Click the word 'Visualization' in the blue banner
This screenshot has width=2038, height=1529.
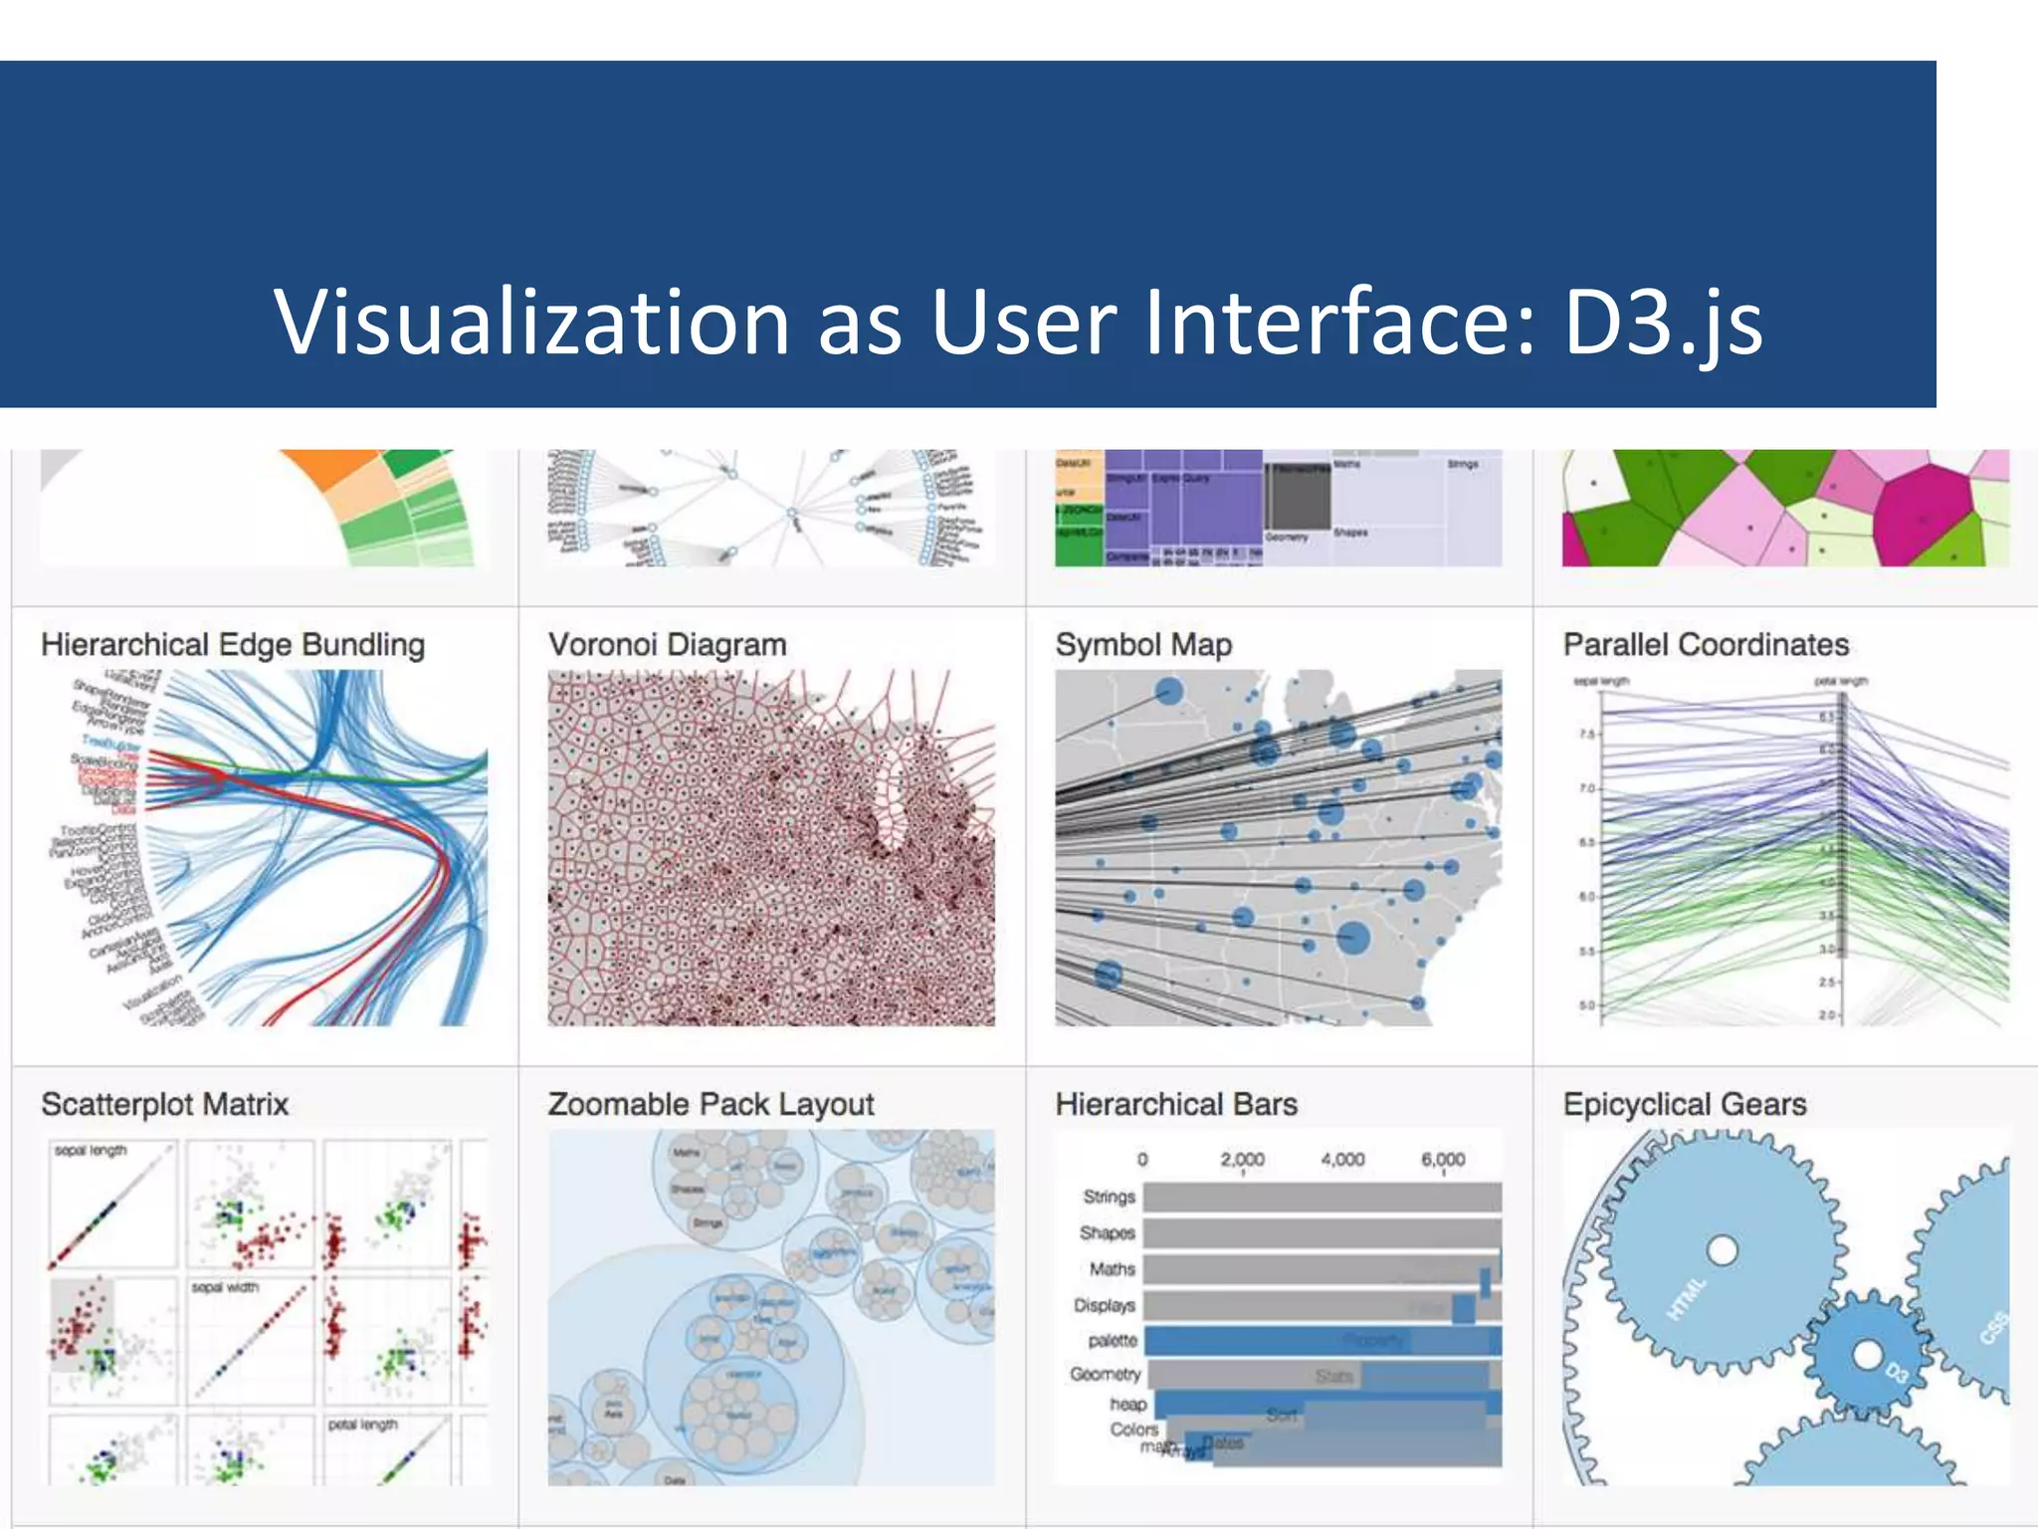[x=532, y=322]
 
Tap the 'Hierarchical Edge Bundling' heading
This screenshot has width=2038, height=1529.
[x=233, y=645]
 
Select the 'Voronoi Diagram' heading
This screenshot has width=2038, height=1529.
[x=667, y=645]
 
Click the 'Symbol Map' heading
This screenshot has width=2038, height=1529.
[x=1143, y=645]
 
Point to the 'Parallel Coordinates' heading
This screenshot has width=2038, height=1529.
[x=1706, y=645]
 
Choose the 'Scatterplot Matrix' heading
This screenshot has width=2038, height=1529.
[x=164, y=1104]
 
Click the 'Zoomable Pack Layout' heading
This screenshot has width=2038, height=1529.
[x=711, y=1104]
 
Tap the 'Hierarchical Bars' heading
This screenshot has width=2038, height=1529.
[x=1176, y=1104]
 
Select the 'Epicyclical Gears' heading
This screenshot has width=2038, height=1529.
[x=1685, y=1104]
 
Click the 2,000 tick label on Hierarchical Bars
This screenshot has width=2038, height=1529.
[x=1242, y=1160]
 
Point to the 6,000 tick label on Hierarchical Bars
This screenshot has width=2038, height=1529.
[x=1443, y=1160]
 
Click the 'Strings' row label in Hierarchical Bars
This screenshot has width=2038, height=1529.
[x=1110, y=1197]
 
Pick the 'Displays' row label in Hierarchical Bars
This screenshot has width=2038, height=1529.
[x=1105, y=1305]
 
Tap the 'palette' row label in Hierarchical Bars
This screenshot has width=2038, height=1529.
[x=1113, y=1341]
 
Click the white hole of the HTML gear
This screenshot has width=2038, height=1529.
[x=1722, y=1250]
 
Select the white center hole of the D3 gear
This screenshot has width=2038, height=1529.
[x=1867, y=1355]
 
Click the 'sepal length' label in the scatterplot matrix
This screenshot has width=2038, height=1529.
[x=91, y=1151]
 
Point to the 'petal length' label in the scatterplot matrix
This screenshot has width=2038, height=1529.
[x=362, y=1424]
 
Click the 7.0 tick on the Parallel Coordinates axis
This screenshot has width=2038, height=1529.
[x=1586, y=788]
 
